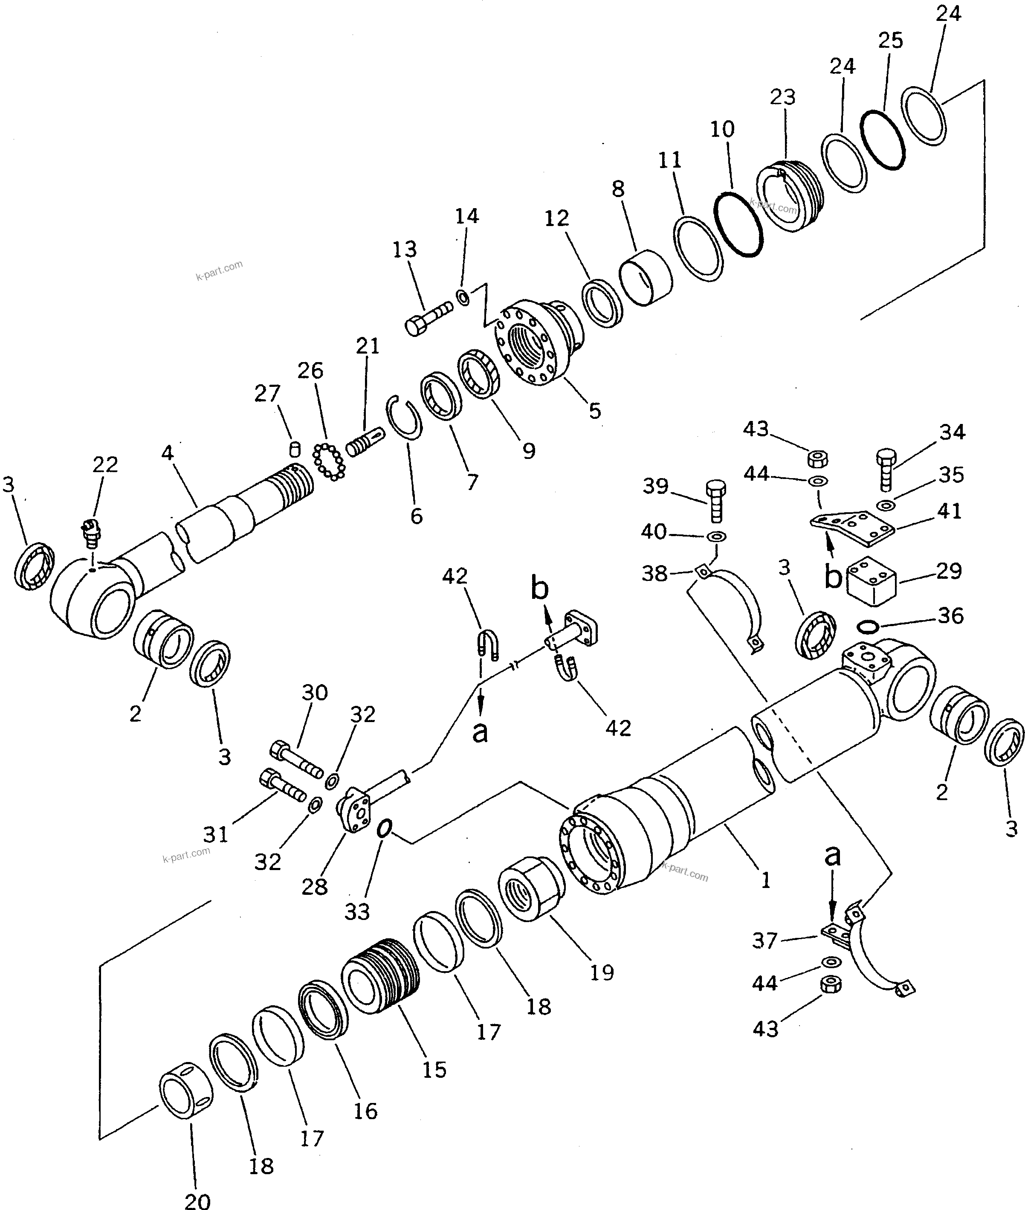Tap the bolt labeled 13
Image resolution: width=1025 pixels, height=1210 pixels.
(429, 319)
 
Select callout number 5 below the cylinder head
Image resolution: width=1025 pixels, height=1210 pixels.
(594, 411)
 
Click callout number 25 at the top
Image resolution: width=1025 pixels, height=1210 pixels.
(890, 41)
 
